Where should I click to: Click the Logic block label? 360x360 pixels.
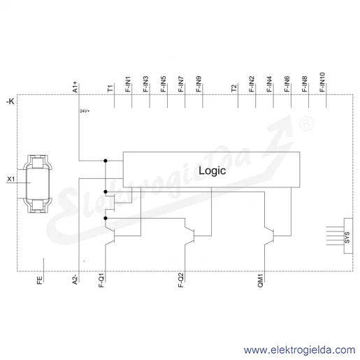(x=212, y=171)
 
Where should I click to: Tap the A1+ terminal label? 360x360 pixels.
(x=75, y=87)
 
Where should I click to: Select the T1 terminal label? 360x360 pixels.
(x=110, y=88)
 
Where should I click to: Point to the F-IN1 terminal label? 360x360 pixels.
(x=128, y=84)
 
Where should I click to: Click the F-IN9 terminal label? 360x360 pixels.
(x=199, y=84)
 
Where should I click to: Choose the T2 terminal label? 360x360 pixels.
(x=234, y=88)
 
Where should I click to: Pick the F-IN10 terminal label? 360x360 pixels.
(x=322, y=82)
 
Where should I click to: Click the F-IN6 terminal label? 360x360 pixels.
(x=287, y=84)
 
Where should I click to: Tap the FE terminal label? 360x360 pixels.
(x=40, y=280)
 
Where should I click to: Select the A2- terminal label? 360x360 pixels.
(x=75, y=280)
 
